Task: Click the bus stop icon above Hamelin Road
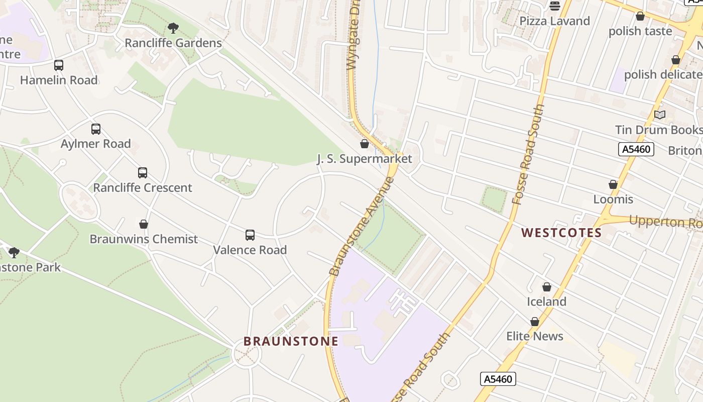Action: click(59, 65)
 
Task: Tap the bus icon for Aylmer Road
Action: click(96, 129)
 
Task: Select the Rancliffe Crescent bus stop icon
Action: click(143, 173)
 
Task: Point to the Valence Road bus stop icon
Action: click(250, 235)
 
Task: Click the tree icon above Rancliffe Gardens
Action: click(173, 28)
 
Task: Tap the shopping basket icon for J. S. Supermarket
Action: click(365, 144)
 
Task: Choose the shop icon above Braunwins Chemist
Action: click(144, 224)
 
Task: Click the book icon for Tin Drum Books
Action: click(660, 115)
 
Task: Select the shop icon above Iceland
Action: click(547, 287)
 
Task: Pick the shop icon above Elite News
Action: click(535, 322)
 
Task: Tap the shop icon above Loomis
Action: click(613, 184)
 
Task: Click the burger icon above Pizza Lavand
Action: click(555, 6)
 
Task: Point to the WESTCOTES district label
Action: click(561, 233)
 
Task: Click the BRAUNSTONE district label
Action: click(291, 341)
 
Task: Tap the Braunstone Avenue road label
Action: click(362, 226)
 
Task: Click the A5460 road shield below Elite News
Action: click(498, 379)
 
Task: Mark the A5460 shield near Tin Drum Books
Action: click(636, 149)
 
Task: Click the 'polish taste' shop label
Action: click(640, 31)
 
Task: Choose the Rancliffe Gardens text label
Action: click(173, 43)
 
